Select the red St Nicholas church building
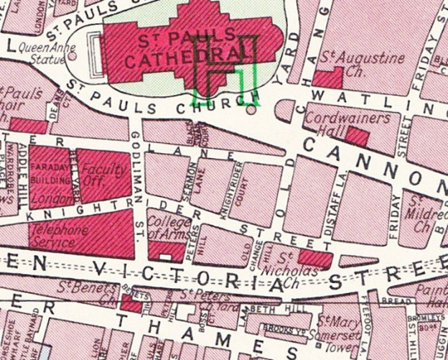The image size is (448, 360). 314,259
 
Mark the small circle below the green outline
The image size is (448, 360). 250,110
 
